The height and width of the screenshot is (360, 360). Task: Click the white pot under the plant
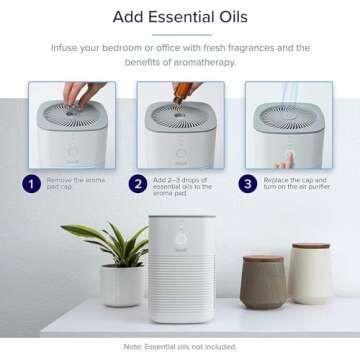(x=120, y=285)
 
